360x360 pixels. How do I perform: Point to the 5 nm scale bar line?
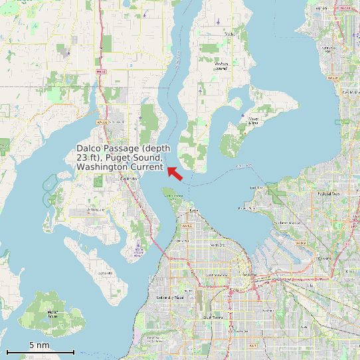40,351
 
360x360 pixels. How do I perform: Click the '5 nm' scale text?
40,345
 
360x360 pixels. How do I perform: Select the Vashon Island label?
221,65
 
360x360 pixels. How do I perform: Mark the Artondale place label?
97,209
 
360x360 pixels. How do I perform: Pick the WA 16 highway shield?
187,226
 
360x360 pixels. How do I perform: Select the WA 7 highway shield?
253,346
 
